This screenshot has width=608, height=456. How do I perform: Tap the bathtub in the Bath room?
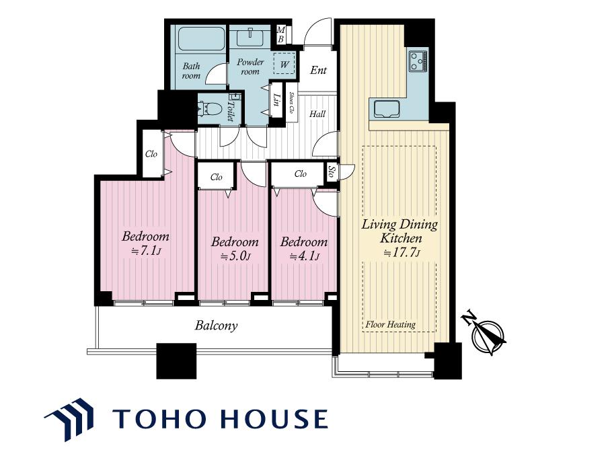[x=201, y=39]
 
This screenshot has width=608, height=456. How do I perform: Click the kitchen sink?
[x=387, y=108]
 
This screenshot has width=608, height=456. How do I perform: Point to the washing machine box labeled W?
[x=284, y=63]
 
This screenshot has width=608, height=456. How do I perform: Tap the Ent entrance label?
[x=318, y=70]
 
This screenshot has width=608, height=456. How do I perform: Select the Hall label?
[x=317, y=114]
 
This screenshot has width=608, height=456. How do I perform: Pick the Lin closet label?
[x=276, y=100]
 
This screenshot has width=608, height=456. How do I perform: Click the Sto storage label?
[x=331, y=172]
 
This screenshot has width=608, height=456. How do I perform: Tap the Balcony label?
[x=216, y=326]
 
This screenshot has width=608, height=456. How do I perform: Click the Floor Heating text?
[x=391, y=324]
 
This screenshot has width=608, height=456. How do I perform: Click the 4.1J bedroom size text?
[x=305, y=256]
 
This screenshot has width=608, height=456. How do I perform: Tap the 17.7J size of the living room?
[x=402, y=253]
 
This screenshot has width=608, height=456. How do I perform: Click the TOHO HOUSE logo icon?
[x=70, y=419]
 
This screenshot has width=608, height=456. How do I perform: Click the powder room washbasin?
[x=250, y=38]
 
